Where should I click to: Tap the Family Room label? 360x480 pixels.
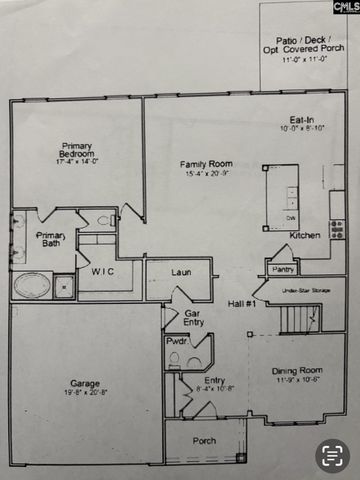point(207,164)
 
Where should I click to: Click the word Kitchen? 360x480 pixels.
point(305,235)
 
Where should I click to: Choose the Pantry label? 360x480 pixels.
point(283,268)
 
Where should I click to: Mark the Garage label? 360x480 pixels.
point(84,382)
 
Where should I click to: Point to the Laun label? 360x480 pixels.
point(181,271)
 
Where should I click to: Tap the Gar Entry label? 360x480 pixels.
point(194,317)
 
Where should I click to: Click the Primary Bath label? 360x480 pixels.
point(50,240)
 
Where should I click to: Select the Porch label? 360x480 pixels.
point(204,440)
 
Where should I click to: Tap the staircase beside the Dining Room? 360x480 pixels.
point(299,320)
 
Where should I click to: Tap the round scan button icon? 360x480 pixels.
point(332,455)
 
